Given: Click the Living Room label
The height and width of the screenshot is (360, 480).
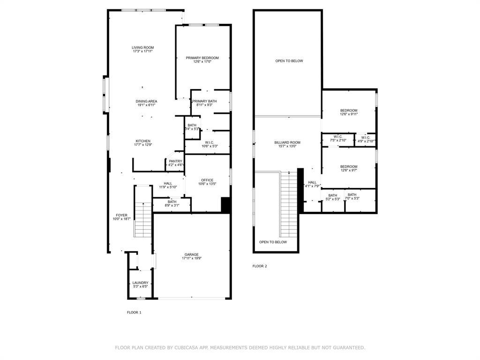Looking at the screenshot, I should point(142,47).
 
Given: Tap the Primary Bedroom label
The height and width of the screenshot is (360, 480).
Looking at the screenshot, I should point(202,58).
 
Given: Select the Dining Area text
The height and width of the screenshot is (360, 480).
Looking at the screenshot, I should point(146,101).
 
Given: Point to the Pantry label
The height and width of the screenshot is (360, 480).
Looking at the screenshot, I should point(176,161).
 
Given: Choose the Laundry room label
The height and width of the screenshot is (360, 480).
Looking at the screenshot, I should point(140,283).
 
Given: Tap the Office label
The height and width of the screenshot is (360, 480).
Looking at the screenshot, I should point(207,180).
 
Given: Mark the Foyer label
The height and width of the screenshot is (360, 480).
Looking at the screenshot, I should point(121,215).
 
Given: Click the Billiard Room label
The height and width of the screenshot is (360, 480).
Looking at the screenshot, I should point(287,142).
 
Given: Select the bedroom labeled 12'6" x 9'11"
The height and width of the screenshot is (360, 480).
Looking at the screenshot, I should point(349,110).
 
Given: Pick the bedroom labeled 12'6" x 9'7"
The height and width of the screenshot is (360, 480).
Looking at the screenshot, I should point(349,167).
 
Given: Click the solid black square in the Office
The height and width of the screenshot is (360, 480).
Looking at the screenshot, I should point(225,205).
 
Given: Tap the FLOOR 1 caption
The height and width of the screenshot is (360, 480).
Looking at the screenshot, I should point(134,312).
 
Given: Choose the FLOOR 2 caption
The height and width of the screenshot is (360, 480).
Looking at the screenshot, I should point(260,266).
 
